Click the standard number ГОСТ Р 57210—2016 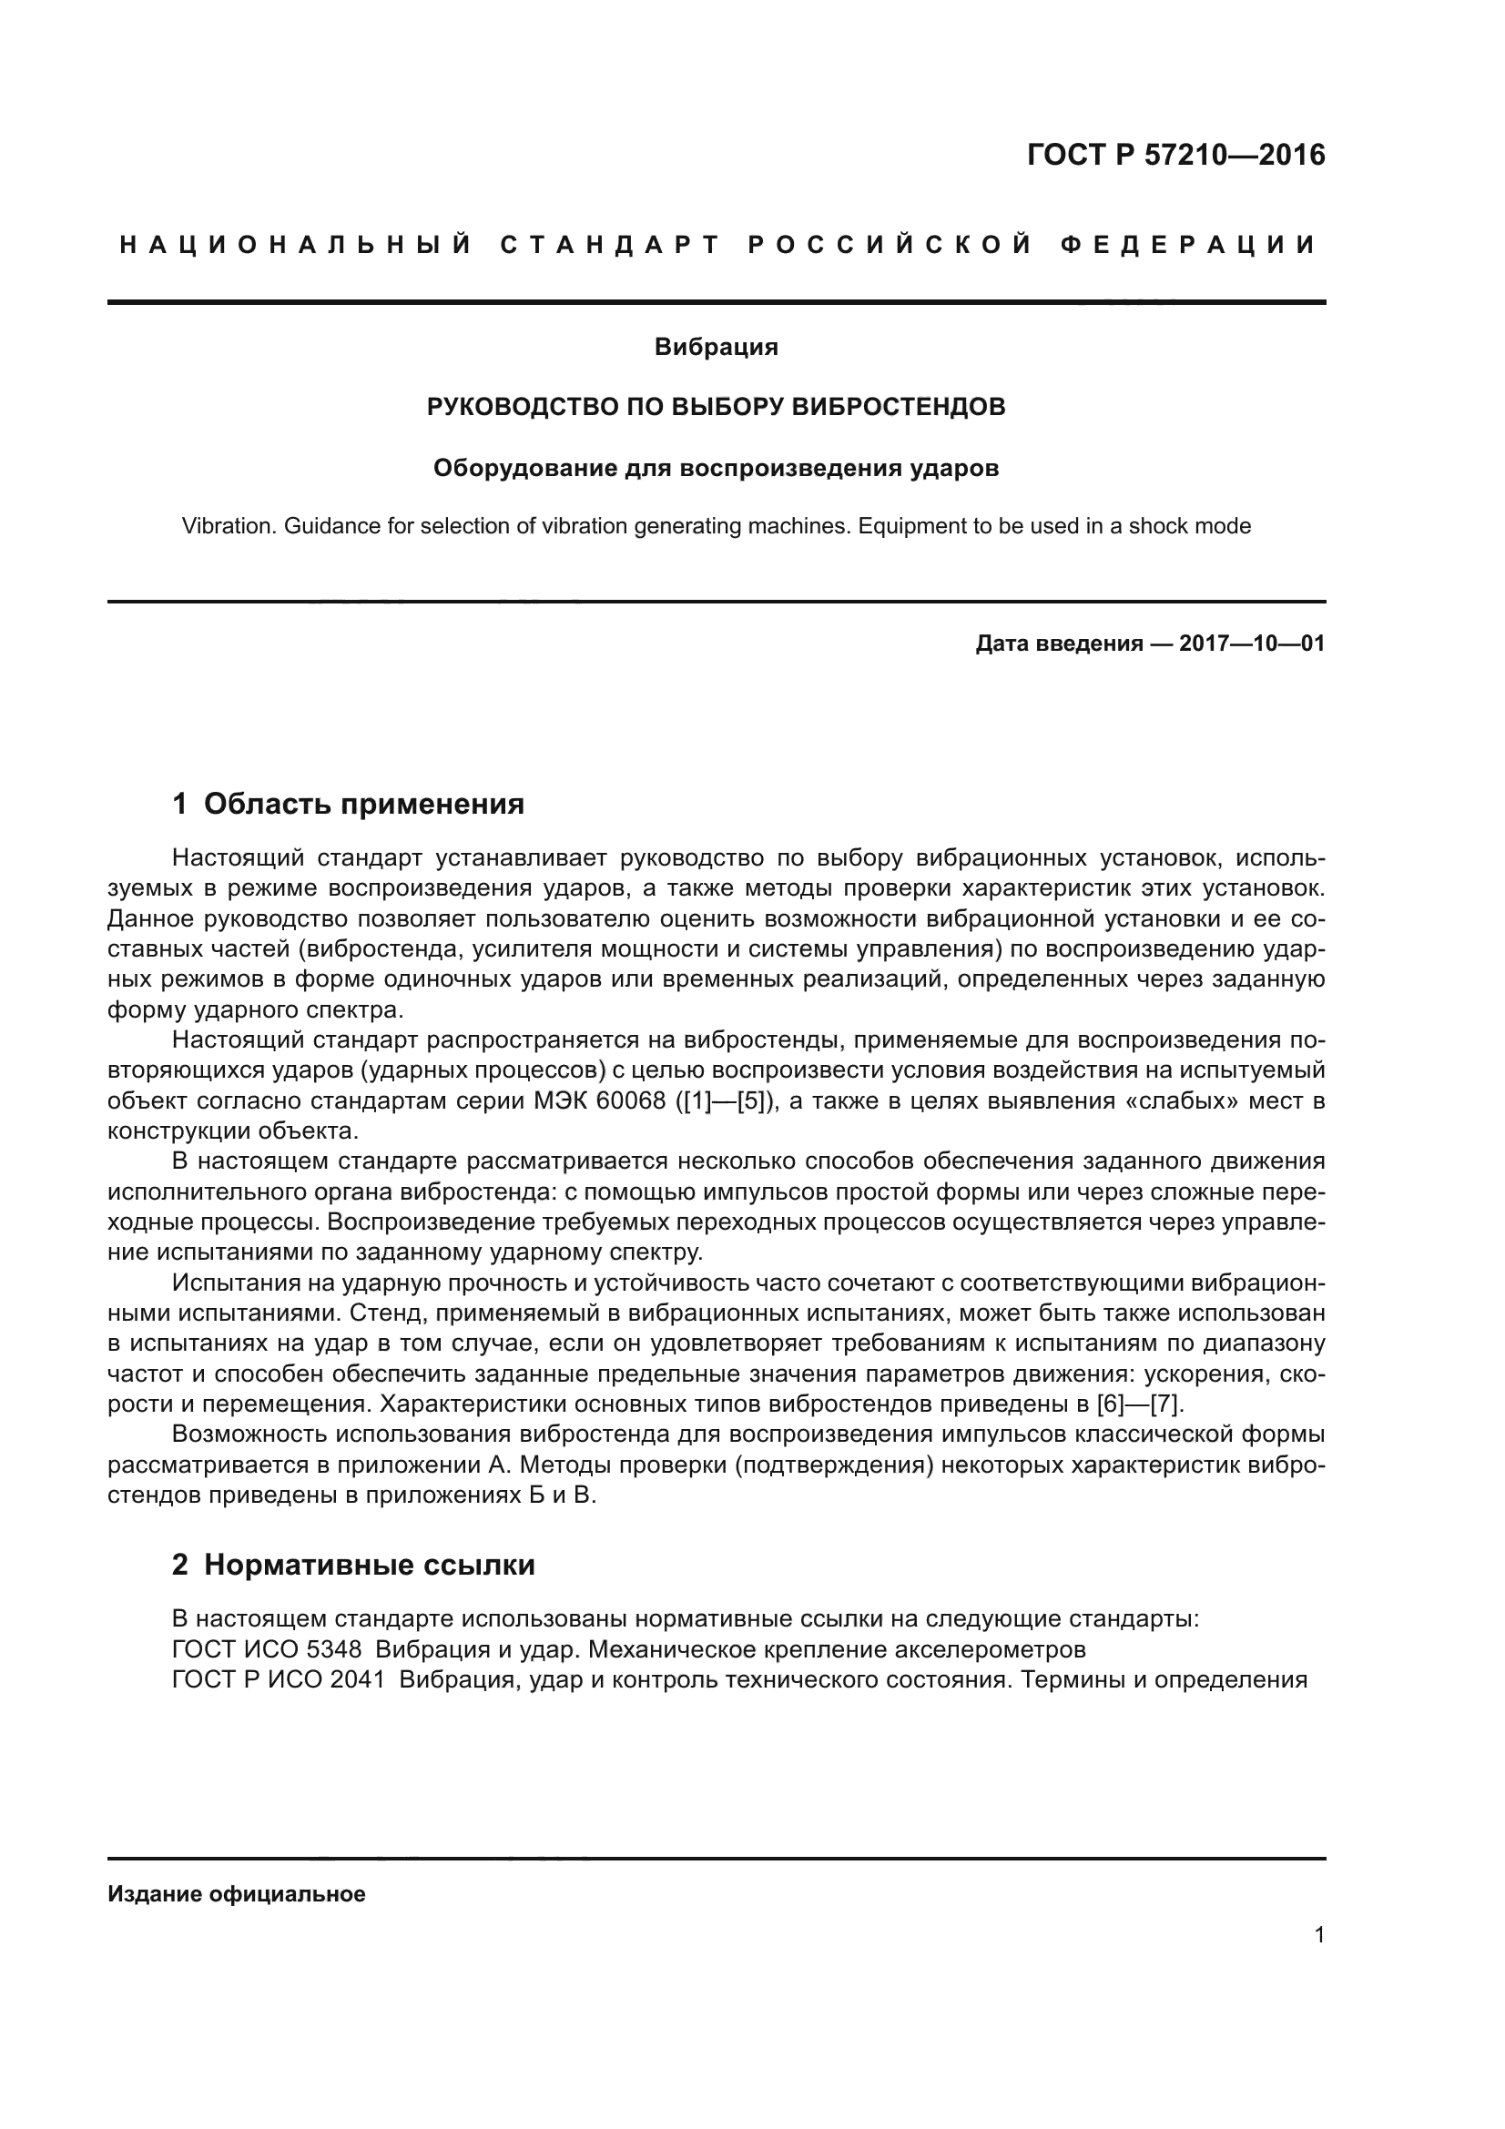pyautogui.click(x=1175, y=155)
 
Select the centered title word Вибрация pyautogui.click(x=716, y=348)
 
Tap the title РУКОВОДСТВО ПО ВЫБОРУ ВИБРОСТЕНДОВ pyautogui.click(x=716, y=407)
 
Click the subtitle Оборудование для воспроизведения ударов pyautogui.click(x=716, y=468)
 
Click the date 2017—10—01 pyautogui.click(x=1252, y=644)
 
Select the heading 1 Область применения pyautogui.click(x=349, y=804)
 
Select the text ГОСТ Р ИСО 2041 pyautogui.click(x=279, y=1680)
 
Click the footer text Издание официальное pyautogui.click(x=237, y=1894)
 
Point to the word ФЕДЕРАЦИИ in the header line pyautogui.click(x=1188, y=245)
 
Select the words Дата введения pyautogui.click(x=1059, y=644)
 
